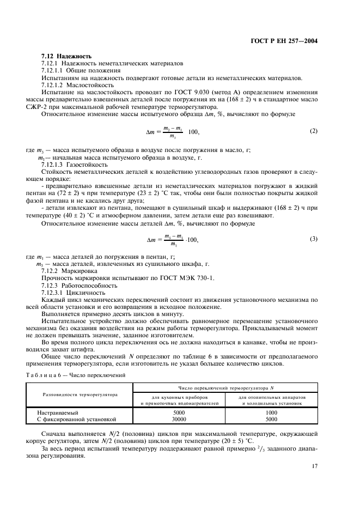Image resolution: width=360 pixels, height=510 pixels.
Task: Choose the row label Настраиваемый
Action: click(x=59, y=412)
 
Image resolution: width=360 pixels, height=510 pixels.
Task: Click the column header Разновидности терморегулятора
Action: click(x=80, y=394)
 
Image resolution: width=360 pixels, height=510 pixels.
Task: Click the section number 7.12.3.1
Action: click(x=52, y=292)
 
